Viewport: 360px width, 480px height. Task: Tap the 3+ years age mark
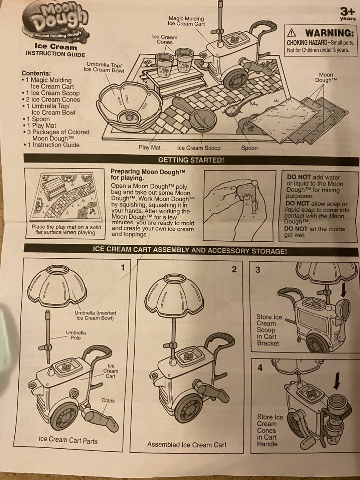(348, 14)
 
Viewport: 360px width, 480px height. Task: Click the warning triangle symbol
(292, 33)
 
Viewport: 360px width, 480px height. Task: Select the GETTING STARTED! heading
(191, 160)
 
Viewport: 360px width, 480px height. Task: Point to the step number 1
(123, 268)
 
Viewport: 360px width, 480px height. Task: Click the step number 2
(234, 270)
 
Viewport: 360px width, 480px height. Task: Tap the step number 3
(258, 270)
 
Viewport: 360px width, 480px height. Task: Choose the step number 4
(260, 368)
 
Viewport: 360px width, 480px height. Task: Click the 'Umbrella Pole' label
(76, 335)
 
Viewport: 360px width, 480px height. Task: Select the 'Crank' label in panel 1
(108, 400)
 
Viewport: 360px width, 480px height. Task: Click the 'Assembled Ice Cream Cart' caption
(187, 444)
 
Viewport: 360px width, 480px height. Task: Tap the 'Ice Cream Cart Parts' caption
(68, 440)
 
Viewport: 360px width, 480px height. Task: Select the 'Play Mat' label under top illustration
(150, 147)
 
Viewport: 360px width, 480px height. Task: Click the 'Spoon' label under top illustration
(249, 148)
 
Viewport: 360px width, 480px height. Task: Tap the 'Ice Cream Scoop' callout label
(199, 148)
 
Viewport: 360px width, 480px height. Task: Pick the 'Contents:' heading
(36, 73)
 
